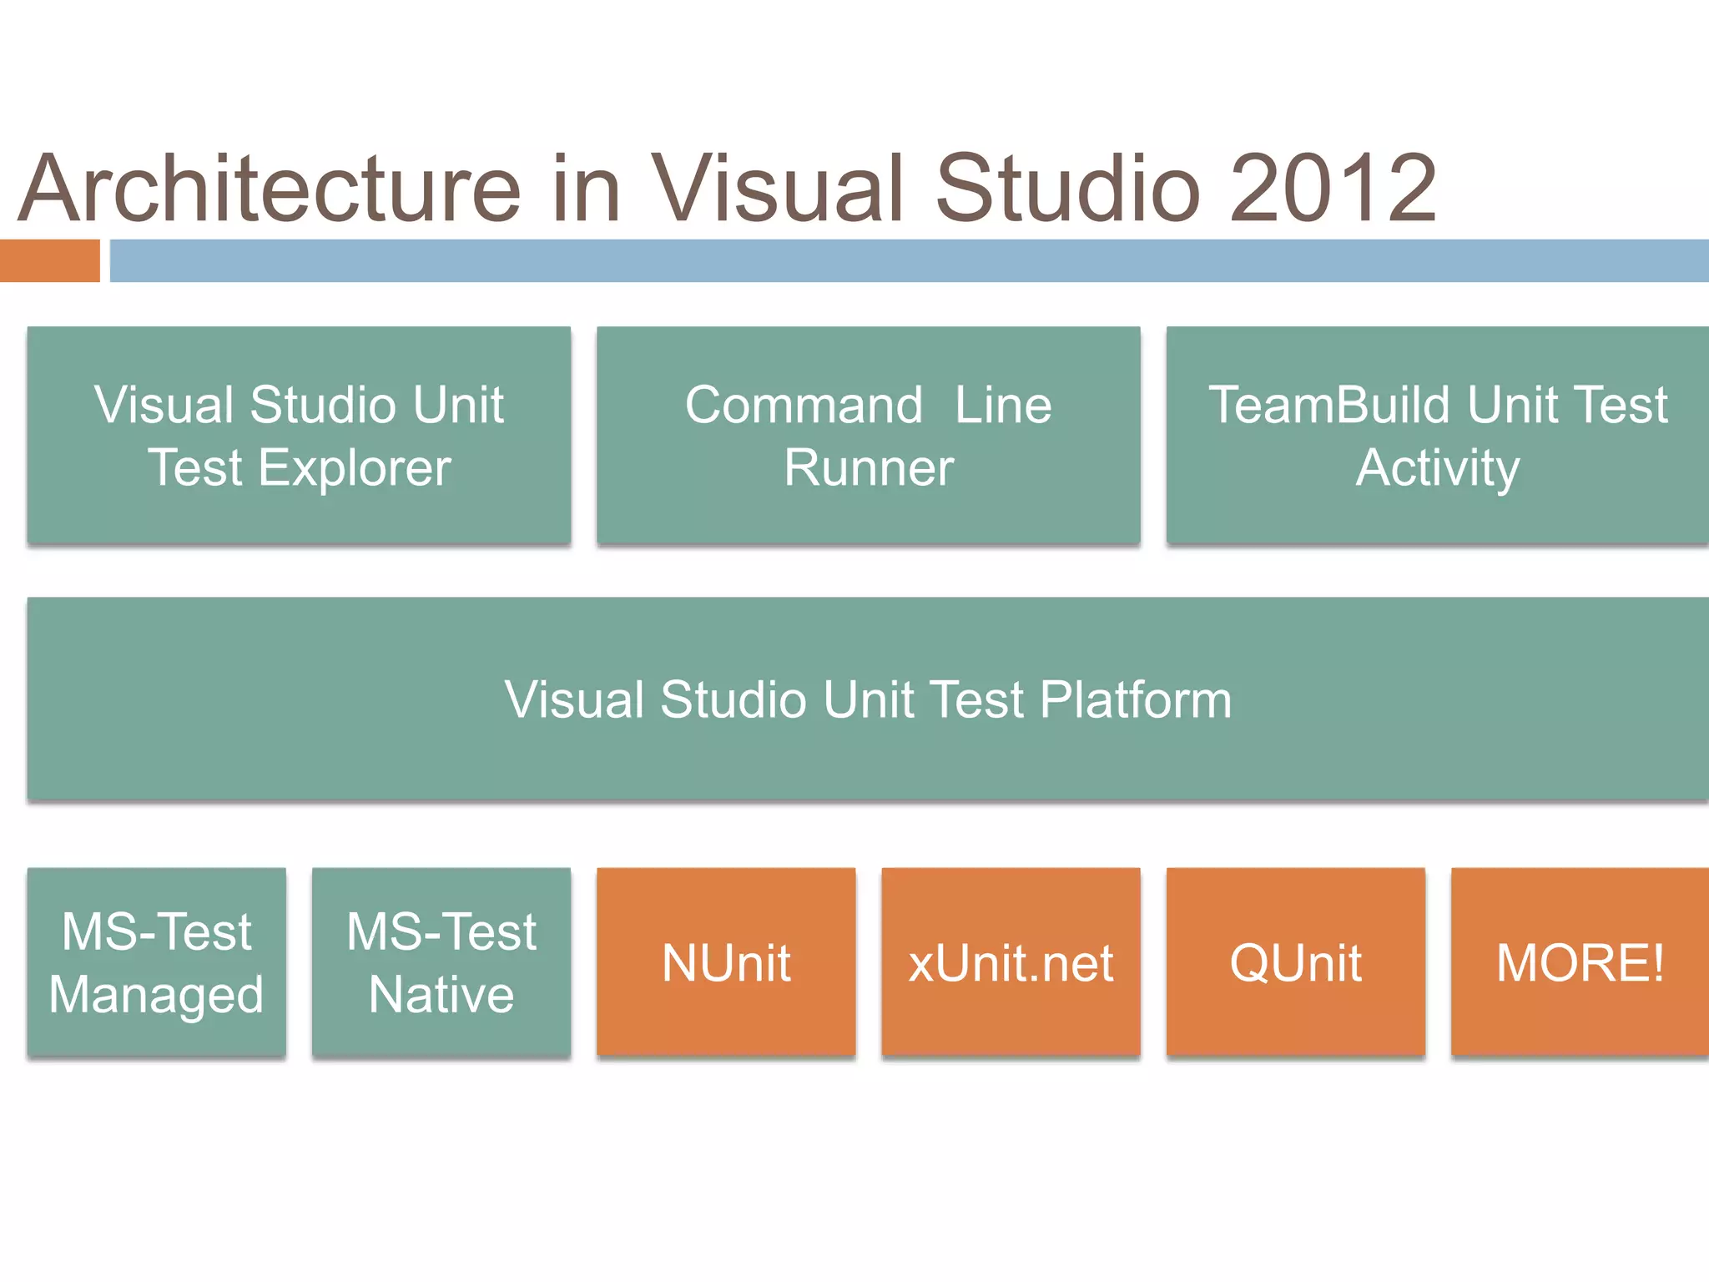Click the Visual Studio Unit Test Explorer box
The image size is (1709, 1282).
(x=299, y=435)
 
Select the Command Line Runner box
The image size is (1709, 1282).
(x=868, y=435)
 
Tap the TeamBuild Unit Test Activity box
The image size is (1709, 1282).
(x=1437, y=435)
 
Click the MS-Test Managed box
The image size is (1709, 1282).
(x=157, y=961)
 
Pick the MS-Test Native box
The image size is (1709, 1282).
(x=441, y=961)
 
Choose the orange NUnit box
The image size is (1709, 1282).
(x=726, y=961)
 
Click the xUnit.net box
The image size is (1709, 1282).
(x=1011, y=961)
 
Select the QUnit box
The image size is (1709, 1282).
(x=1295, y=961)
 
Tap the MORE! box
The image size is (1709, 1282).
(x=1580, y=961)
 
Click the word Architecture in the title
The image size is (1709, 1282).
(x=270, y=189)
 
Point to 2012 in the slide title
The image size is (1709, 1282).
(x=1333, y=189)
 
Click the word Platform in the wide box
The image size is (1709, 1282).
(x=1136, y=699)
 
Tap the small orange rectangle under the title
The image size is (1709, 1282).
(x=49, y=260)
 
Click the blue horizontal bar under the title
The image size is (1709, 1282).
(x=909, y=260)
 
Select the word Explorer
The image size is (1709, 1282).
(x=355, y=468)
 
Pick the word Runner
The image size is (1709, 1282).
(x=868, y=468)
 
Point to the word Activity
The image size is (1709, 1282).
(x=1437, y=468)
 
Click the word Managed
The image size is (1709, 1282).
(x=157, y=995)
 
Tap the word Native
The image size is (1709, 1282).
(x=441, y=995)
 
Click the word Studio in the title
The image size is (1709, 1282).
(x=1068, y=189)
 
